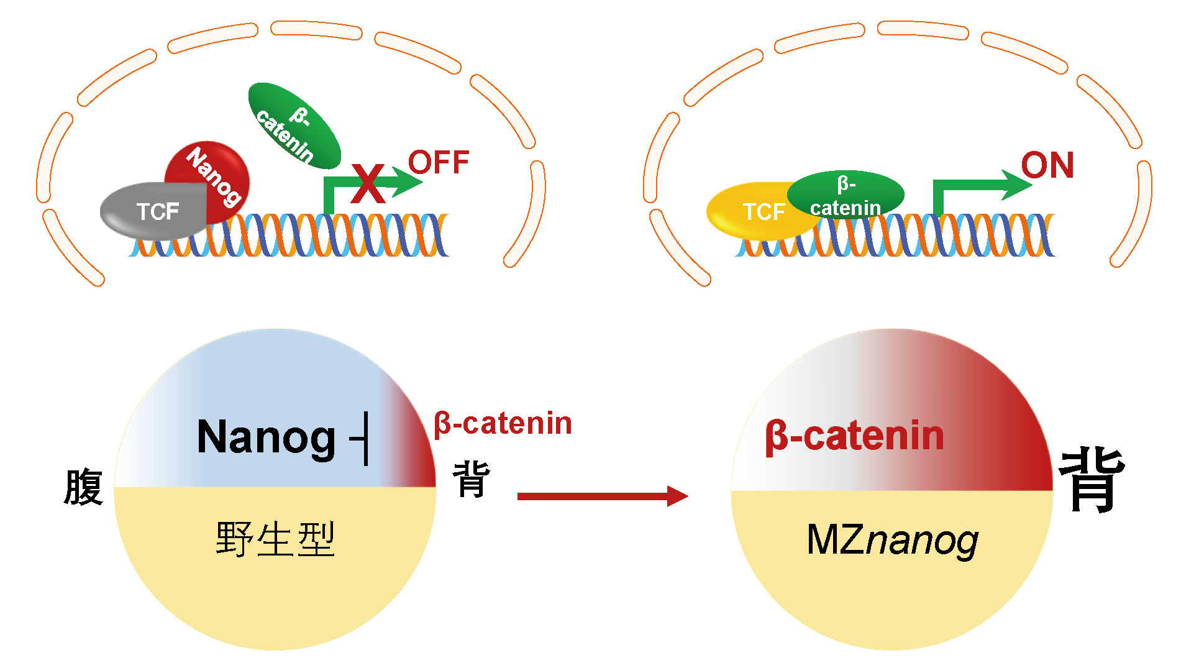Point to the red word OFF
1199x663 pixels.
439,163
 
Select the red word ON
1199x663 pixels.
1047,165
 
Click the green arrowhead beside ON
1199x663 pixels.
1018,185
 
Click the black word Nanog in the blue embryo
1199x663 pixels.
266,437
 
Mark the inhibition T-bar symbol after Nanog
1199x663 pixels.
362,438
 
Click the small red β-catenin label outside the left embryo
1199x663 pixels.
503,424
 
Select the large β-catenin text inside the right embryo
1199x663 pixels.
854,436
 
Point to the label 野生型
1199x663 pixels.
275,539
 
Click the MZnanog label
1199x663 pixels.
892,539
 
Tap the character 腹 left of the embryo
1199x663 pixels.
83,487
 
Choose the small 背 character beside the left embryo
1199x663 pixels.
472,479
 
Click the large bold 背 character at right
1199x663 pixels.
1092,479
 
